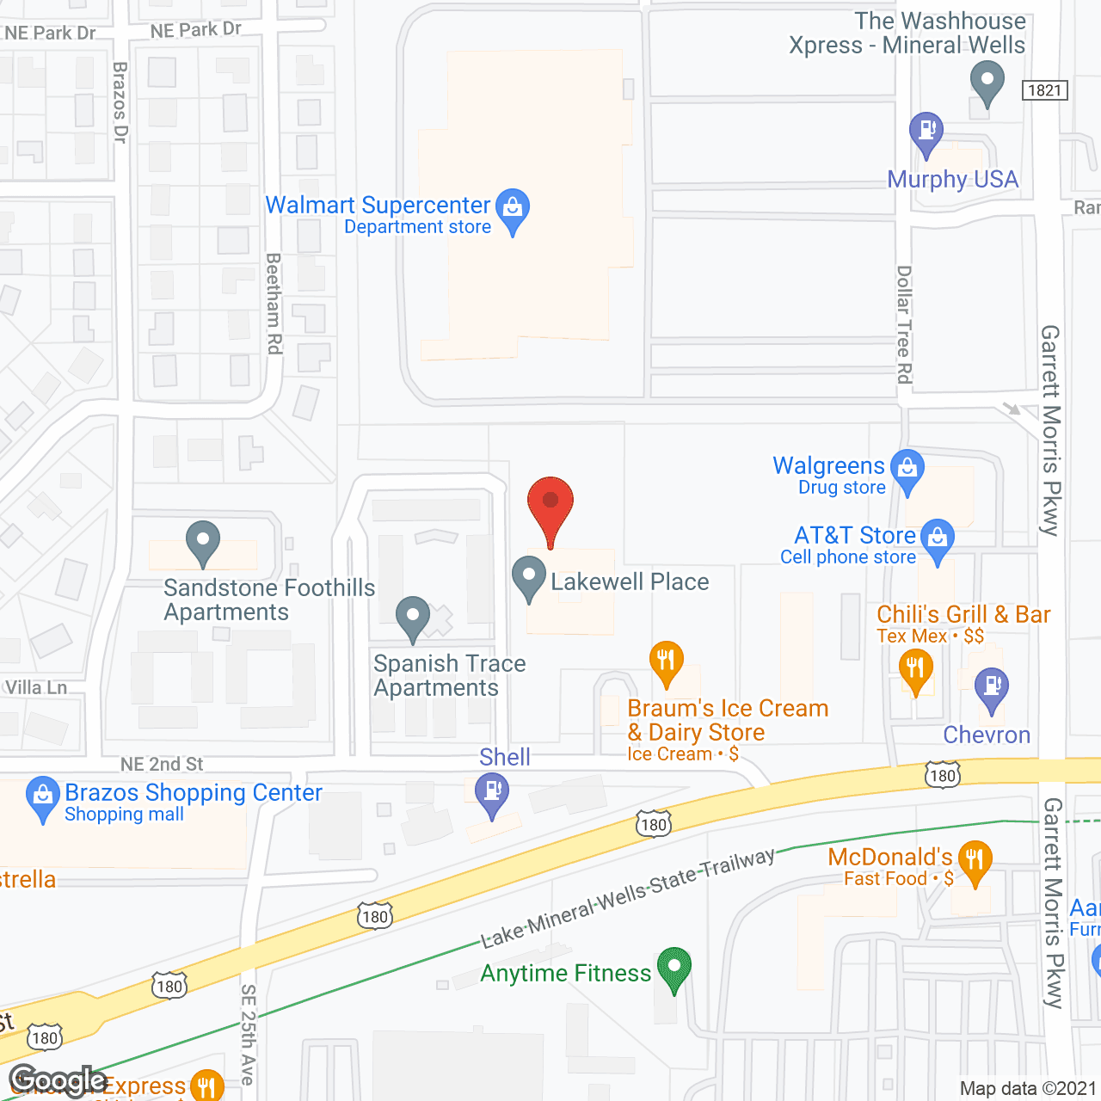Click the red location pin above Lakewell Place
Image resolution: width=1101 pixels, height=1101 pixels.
pyautogui.click(x=550, y=503)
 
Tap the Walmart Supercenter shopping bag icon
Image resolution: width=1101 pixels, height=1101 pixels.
pyautogui.click(x=513, y=207)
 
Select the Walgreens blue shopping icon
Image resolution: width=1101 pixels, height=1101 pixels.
pyautogui.click(x=907, y=469)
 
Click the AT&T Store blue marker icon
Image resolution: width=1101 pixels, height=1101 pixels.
pyautogui.click(x=938, y=538)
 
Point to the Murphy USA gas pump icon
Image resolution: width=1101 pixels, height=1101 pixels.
pyautogui.click(x=926, y=132)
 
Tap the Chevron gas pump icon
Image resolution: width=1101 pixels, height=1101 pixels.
pyautogui.click(x=992, y=687)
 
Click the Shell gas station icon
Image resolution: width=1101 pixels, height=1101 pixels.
pyautogui.click(x=492, y=792)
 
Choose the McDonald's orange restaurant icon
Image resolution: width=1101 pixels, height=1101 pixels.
pyautogui.click(x=975, y=860)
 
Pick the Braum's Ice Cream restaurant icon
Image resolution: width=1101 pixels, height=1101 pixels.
pyautogui.click(x=666, y=661)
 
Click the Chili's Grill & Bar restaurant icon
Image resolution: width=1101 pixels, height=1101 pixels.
pyautogui.click(x=915, y=668)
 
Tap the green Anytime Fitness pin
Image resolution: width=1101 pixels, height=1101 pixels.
pyautogui.click(x=674, y=967)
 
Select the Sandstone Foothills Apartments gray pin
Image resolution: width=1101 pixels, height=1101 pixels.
pyautogui.click(x=203, y=541)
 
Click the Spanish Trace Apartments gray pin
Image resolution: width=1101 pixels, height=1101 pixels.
pyautogui.click(x=413, y=617)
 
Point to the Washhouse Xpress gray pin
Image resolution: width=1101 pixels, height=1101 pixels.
pyautogui.click(x=987, y=83)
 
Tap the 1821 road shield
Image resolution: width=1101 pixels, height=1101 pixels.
pyautogui.click(x=1045, y=90)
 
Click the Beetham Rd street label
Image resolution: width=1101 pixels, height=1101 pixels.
pyautogui.click(x=274, y=303)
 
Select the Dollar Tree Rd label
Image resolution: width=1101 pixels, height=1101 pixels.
pyautogui.click(x=904, y=324)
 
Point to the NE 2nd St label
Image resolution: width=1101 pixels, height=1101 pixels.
pyautogui.click(x=162, y=764)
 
